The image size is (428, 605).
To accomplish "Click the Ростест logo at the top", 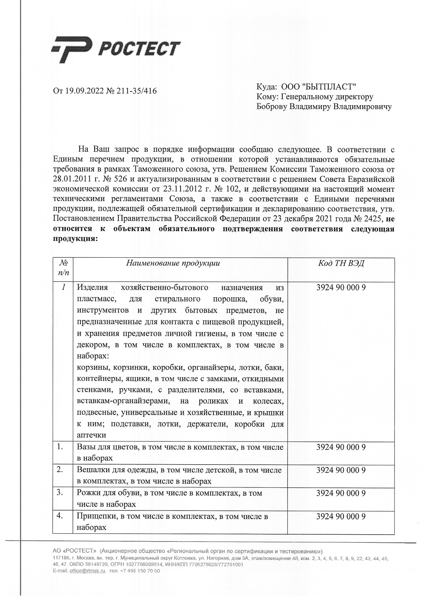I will click(116, 50).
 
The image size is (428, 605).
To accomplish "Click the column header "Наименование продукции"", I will click(173, 264).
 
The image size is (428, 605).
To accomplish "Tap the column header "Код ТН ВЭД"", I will click(341, 264).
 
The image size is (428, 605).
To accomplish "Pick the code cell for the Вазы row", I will click(341, 447).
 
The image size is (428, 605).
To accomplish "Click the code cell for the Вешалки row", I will click(341, 470).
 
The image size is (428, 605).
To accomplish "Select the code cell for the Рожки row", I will click(341, 493).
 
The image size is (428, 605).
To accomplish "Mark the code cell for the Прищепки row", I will click(341, 516).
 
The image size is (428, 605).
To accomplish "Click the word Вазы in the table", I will click(87, 447).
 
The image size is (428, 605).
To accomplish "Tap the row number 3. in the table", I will click(60, 493).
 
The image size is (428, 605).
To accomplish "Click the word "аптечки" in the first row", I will click(91, 435).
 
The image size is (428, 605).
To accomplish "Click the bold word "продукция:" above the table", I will click(75, 238).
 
